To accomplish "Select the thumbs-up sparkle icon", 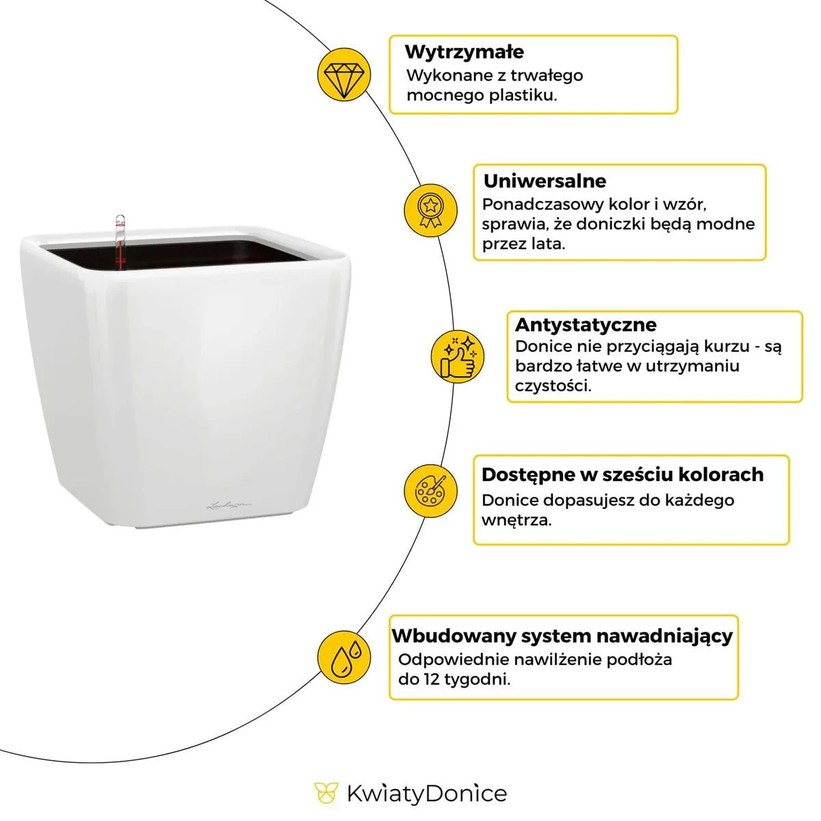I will (x=458, y=356).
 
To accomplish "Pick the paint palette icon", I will (x=430, y=490).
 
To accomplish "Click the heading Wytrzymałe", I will (x=465, y=52).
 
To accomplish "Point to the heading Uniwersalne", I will (x=545, y=181).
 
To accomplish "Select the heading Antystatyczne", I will (x=586, y=324).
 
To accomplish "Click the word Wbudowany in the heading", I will (x=454, y=636).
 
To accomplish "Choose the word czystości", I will (x=553, y=386).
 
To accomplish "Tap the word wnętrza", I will (x=516, y=520).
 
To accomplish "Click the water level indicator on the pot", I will (x=120, y=243).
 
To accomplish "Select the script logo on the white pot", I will (x=229, y=506).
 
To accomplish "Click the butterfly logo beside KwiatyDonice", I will (x=326, y=794).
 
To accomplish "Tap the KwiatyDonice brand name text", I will (x=426, y=794).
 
